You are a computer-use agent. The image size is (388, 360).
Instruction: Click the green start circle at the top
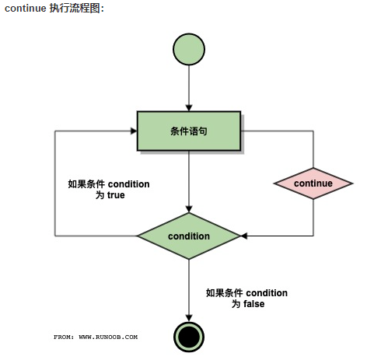189,49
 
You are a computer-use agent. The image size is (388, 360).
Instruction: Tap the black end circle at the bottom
189,337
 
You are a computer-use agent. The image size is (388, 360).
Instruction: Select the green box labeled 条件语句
189,131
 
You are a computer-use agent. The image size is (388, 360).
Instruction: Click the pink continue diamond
313,183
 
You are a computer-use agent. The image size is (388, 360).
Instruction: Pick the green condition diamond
189,236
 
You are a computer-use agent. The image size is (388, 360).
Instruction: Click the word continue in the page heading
25,9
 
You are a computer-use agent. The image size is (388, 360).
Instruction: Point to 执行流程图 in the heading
75,9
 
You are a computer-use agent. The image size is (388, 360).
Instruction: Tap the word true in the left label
116,195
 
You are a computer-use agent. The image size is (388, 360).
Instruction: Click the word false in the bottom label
254,304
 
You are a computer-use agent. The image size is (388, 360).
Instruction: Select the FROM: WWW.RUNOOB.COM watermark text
96,337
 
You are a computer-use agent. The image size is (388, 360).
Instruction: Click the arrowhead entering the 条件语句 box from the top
189,108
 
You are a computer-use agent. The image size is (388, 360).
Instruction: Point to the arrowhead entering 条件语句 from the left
134,131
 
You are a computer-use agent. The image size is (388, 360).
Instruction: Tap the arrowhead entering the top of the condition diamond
189,209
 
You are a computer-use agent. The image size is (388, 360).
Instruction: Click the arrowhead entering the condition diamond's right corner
244,236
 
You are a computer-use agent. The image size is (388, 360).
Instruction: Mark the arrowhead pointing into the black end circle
189,318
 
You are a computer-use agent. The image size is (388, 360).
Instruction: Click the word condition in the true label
128,184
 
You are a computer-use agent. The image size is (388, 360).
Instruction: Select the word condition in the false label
267,293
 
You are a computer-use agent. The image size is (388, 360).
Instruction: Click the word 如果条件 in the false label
225,293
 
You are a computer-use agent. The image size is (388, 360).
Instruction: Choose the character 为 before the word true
100,195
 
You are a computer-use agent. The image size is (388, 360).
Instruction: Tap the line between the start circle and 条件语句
189,85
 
